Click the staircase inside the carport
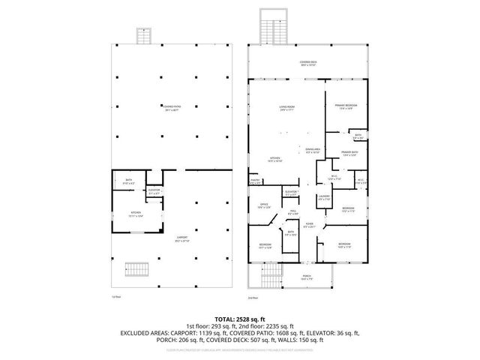point(136,268)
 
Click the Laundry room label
point(323,198)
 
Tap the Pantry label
point(255,181)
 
